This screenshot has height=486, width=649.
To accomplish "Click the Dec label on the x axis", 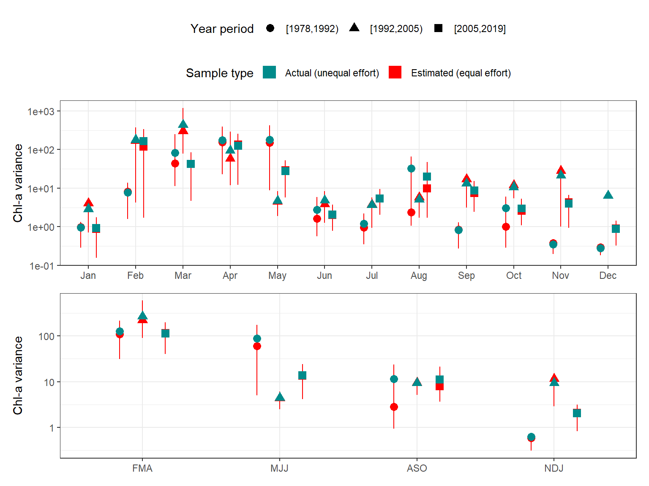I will pyautogui.click(x=608, y=275).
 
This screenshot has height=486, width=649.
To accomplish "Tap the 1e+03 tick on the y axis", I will pyautogui.click(x=41, y=111).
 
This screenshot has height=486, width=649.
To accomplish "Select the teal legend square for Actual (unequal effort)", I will pyautogui.click(x=269, y=73).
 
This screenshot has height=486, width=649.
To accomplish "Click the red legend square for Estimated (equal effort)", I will pyautogui.click(x=395, y=73).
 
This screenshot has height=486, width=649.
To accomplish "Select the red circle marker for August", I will pyautogui.click(x=411, y=212).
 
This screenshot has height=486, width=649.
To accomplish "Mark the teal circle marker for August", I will pyautogui.click(x=411, y=169).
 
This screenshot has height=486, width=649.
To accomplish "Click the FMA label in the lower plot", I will pyautogui.click(x=142, y=468).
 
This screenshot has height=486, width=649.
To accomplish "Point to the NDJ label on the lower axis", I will pyautogui.click(x=554, y=468).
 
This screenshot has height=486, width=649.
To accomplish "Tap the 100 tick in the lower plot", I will pyautogui.click(x=46, y=336).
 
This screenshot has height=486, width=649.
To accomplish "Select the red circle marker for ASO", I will pyautogui.click(x=394, y=407).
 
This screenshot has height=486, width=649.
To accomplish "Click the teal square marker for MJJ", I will pyautogui.click(x=302, y=375).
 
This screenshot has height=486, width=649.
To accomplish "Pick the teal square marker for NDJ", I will pyautogui.click(x=577, y=413).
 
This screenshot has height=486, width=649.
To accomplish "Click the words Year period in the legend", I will pyautogui.click(x=222, y=29).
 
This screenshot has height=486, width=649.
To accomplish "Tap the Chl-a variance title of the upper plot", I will pyautogui.click(x=18, y=183).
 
